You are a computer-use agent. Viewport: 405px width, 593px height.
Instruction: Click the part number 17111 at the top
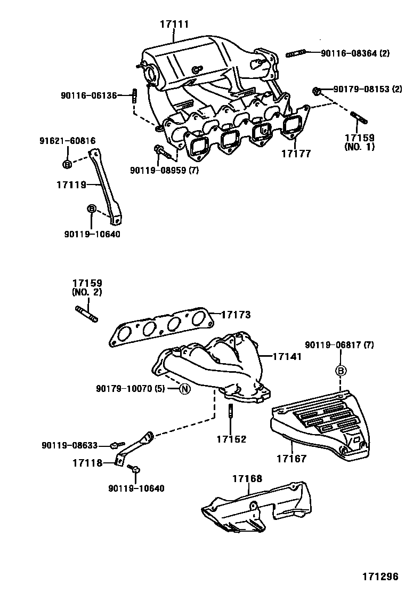[x=175, y=24]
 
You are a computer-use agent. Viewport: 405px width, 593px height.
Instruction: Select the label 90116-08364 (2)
[x=355, y=53]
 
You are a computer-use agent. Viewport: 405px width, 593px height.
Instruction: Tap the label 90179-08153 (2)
[x=368, y=89]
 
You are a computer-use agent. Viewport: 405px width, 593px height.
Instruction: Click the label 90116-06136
[x=88, y=95]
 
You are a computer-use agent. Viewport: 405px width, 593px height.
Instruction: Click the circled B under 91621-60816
[x=67, y=164]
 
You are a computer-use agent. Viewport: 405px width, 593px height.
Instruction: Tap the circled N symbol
[x=184, y=389]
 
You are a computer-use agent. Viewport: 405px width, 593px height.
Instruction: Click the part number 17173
[x=236, y=315]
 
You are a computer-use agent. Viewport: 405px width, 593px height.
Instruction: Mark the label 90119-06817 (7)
[x=339, y=346]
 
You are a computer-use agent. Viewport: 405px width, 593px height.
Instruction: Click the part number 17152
[x=231, y=439]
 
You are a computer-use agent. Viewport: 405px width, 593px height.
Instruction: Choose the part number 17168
[x=247, y=479]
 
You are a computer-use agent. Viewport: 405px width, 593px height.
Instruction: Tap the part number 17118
[x=87, y=462]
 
